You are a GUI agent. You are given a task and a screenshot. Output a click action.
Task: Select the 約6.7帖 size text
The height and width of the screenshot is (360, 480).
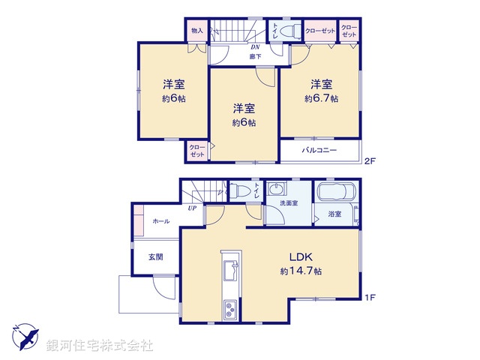point(321,98)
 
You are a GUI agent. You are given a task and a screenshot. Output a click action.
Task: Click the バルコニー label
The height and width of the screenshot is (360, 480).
point(319,151)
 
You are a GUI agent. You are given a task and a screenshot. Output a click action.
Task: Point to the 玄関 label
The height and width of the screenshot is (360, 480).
point(156,257)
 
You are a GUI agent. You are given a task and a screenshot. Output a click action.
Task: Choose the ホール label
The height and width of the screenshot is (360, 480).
point(160,221)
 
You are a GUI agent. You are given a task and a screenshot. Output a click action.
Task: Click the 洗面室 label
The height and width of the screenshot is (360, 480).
point(288,203)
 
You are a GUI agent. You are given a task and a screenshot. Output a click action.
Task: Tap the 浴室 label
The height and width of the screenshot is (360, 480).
point(334,214)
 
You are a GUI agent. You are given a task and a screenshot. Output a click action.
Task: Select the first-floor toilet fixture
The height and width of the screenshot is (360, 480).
point(239,191)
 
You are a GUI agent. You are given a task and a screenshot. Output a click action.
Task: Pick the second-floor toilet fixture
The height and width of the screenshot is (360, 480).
point(292,31)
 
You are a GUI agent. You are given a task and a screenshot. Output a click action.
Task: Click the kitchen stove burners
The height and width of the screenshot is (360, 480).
point(230,308)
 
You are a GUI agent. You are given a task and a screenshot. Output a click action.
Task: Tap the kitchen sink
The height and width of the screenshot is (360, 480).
point(231,269)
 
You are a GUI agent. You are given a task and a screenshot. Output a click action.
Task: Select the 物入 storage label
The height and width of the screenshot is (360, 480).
point(197,31)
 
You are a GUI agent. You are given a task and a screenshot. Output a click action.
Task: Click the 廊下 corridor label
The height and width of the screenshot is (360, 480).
point(255,55)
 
